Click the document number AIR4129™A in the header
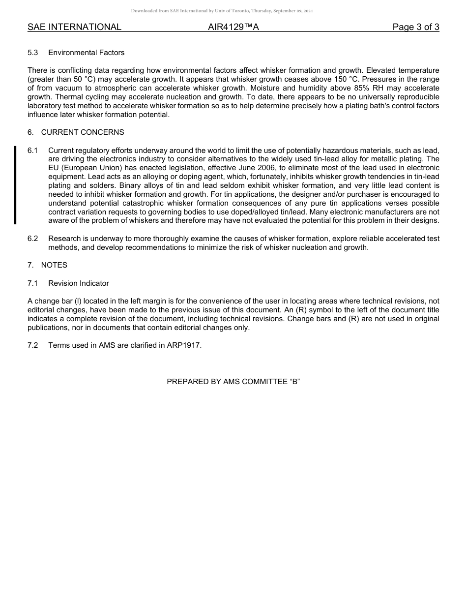click(233, 27)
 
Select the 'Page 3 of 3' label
click(415, 27)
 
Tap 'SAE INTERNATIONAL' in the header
click(74, 27)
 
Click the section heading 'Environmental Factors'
click(86, 53)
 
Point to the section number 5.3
click(33, 53)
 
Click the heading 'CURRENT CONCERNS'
click(83, 132)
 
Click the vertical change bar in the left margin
click(15, 185)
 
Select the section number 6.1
click(33, 151)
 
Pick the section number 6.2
click(33, 239)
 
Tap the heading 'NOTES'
click(54, 265)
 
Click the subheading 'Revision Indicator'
click(79, 283)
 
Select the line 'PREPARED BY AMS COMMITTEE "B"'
click(233, 381)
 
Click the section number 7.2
click(33, 345)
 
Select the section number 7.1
click(33, 283)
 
